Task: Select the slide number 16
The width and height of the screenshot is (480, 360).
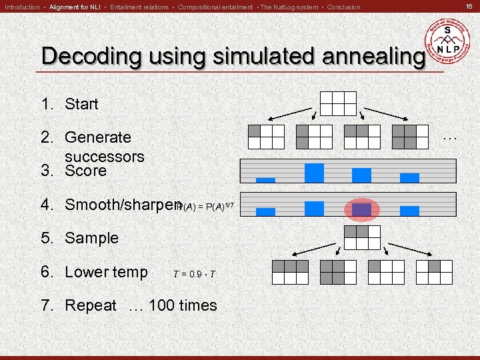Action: pos(469,7)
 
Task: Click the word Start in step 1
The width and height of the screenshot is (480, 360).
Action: pos(81,104)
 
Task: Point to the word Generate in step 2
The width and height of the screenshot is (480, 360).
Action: pos(97,137)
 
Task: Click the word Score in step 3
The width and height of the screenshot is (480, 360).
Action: pos(85,171)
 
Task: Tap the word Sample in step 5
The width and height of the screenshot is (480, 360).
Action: pos(91,238)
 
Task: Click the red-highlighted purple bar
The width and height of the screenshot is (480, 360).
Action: pos(361,209)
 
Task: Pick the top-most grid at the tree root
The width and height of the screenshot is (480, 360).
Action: pos(337,103)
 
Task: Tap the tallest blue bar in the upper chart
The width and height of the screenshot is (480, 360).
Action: pos(314,173)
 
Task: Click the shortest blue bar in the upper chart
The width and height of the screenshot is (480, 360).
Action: pos(265,179)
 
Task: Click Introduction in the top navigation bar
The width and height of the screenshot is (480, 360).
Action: pos(22,7)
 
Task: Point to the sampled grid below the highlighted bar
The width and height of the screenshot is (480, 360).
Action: pos(361,237)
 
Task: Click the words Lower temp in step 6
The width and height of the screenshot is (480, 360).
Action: pos(106,272)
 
